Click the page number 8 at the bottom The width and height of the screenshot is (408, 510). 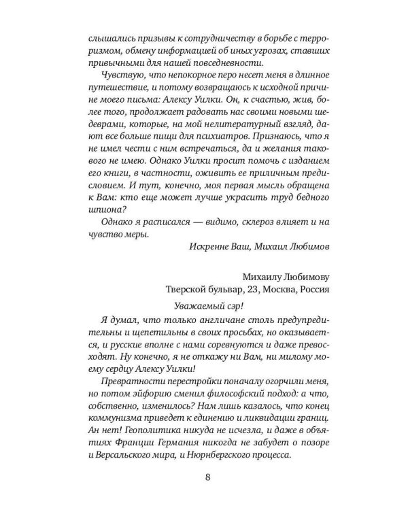207,475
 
